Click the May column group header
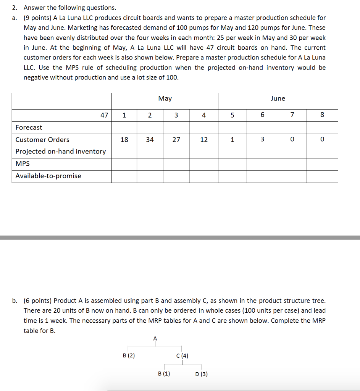click(x=165, y=99)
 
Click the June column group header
click(x=278, y=99)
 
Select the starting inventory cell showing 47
click(x=104, y=115)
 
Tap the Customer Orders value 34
click(x=150, y=140)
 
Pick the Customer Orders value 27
click(x=176, y=140)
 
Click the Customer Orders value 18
click(x=124, y=140)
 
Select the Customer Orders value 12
click(x=204, y=140)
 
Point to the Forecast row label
click(x=29, y=128)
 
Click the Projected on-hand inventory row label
click(x=61, y=152)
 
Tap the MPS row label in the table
click(x=23, y=164)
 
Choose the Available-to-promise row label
click(x=48, y=176)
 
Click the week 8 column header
click(x=322, y=115)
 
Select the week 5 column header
click(x=232, y=115)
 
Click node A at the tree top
click(x=155, y=338)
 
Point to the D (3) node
click(x=201, y=374)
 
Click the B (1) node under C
click(x=164, y=374)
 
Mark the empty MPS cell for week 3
click(x=176, y=164)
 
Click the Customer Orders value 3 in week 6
click(x=262, y=140)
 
